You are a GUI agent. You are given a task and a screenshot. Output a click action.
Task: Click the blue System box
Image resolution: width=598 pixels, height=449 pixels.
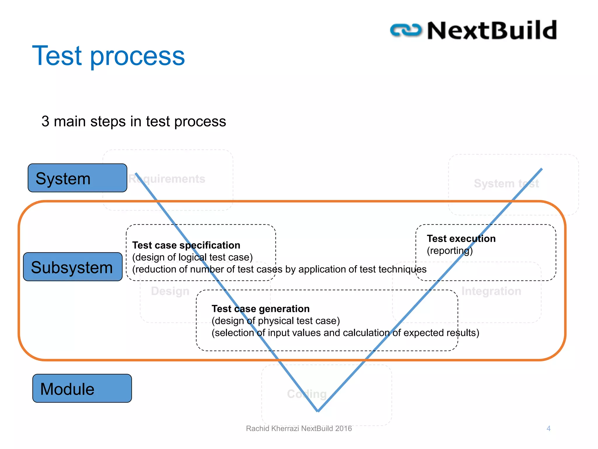[77, 178]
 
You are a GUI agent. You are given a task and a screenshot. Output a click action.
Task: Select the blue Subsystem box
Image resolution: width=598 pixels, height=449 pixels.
[73, 267]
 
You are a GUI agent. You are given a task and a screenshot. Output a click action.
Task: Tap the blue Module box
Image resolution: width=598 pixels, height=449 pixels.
[82, 388]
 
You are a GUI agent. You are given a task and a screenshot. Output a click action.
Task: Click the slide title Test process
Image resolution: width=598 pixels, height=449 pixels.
[108, 56]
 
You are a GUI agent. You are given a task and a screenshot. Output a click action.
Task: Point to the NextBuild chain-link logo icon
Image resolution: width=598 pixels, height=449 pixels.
[406, 30]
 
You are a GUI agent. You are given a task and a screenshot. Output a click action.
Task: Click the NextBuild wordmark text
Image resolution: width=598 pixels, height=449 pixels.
[492, 30]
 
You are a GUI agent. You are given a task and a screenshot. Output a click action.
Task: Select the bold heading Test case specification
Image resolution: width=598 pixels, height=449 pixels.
[186, 245]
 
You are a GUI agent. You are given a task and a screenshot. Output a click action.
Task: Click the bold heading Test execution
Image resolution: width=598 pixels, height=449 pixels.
[461, 239]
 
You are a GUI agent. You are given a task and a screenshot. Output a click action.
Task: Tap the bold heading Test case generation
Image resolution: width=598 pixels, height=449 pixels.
[260, 309]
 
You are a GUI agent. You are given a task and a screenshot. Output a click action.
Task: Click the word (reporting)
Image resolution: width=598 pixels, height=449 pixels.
[449, 251]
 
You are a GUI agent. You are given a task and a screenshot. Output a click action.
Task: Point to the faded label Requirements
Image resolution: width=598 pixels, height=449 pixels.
[167, 179]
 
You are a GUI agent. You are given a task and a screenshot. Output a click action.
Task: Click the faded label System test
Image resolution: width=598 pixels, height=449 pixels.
[506, 184]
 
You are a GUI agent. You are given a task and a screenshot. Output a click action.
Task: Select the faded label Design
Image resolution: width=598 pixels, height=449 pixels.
[170, 291]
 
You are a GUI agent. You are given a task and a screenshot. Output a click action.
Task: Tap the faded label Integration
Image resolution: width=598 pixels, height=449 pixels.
[491, 291]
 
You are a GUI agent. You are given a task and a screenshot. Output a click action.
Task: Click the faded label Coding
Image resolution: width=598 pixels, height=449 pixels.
[307, 394]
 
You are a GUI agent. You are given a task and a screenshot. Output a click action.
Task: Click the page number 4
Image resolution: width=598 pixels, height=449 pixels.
[548, 429]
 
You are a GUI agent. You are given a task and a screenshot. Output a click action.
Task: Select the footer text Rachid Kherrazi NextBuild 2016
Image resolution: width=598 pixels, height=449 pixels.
[299, 429]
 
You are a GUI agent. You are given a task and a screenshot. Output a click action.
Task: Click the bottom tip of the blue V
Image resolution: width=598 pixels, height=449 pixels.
[318, 411]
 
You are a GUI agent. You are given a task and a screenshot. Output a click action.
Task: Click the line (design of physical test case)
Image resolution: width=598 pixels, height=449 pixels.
[276, 321]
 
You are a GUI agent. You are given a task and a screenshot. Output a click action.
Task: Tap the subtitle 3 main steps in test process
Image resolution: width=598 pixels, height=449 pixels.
[134, 121]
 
